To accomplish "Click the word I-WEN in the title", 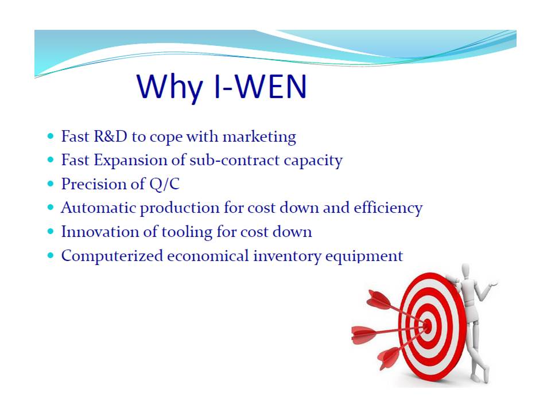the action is (x=260, y=87).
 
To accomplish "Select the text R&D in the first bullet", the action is (x=110, y=136).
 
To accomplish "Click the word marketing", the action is (x=259, y=137).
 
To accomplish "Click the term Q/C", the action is (x=164, y=184).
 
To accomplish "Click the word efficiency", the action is (x=388, y=208).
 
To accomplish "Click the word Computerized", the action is (x=112, y=256).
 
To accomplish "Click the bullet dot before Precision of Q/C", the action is (x=51, y=184).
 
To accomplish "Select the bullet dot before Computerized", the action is (x=51, y=255).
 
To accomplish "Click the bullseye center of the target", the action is (x=427, y=326).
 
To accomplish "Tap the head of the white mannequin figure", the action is (x=465, y=271).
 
